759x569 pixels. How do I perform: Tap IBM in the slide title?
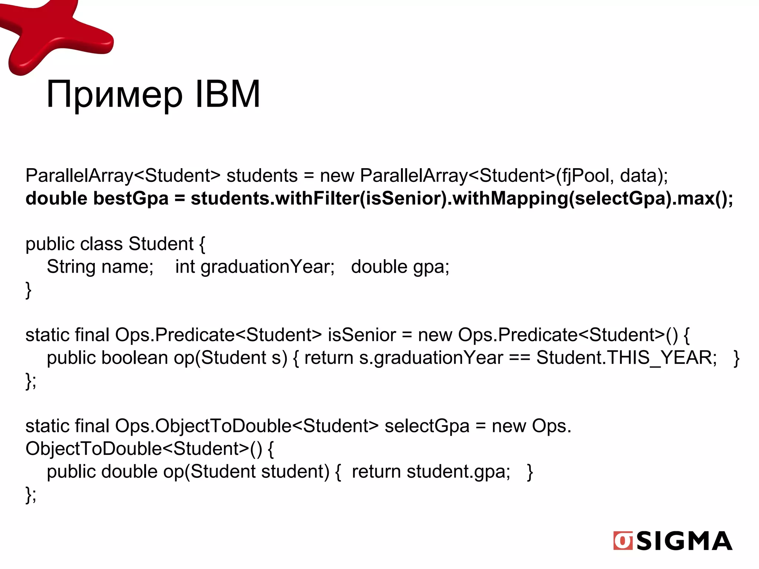[227, 94]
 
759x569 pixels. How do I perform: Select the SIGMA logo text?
[684, 541]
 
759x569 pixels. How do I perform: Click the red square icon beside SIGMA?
[623, 541]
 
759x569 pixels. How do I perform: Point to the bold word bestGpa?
[131, 199]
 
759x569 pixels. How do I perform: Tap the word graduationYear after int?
[267, 267]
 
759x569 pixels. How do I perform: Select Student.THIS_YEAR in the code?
[626, 358]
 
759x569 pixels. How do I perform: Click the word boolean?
[135, 358]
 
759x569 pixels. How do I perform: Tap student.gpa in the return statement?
[458, 472]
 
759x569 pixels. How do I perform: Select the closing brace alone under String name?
[28, 290]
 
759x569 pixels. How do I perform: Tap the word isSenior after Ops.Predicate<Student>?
[362, 335]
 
